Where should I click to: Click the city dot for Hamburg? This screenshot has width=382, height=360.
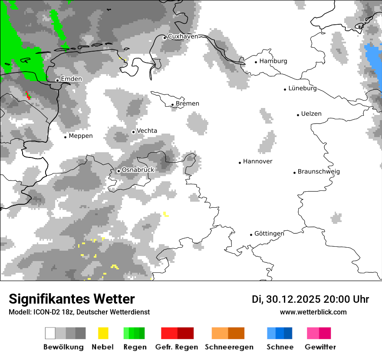[x=256, y=62]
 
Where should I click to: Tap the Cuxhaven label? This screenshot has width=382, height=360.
[x=183, y=36]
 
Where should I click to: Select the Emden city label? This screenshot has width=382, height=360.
[x=71, y=79]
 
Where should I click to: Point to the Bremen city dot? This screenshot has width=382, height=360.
[x=172, y=105]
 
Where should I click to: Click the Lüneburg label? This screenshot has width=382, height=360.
[x=303, y=88]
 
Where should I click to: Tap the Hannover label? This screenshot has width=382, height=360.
[x=257, y=161]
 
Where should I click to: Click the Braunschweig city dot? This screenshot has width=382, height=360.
[x=294, y=172]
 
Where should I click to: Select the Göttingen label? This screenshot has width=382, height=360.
[x=269, y=233]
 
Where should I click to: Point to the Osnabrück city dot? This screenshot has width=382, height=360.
[x=119, y=171]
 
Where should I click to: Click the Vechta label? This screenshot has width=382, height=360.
[x=147, y=131]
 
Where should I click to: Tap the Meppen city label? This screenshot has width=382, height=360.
[x=80, y=136]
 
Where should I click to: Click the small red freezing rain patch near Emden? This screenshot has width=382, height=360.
[x=28, y=95]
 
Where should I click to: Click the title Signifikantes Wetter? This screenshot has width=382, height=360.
[x=72, y=299]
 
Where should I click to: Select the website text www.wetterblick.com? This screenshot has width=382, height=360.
[x=313, y=312]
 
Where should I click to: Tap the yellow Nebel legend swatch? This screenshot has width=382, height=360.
[x=103, y=333]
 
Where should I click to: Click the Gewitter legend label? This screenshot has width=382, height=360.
[x=320, y=347]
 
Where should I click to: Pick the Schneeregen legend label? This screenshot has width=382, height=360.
[x=229, y=347]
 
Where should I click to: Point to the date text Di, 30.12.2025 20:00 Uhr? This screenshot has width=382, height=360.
[x=310, y=299]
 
